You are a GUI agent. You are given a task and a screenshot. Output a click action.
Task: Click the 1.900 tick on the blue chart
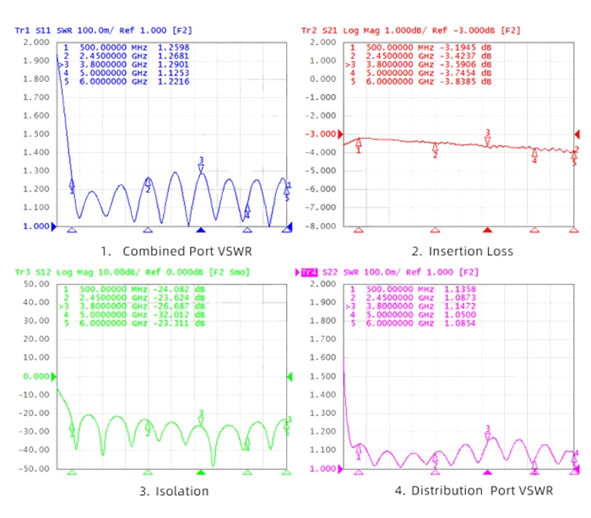35,61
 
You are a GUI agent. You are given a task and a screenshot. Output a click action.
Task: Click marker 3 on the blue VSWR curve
201,166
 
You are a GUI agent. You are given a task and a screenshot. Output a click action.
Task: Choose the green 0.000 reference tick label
35,376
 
